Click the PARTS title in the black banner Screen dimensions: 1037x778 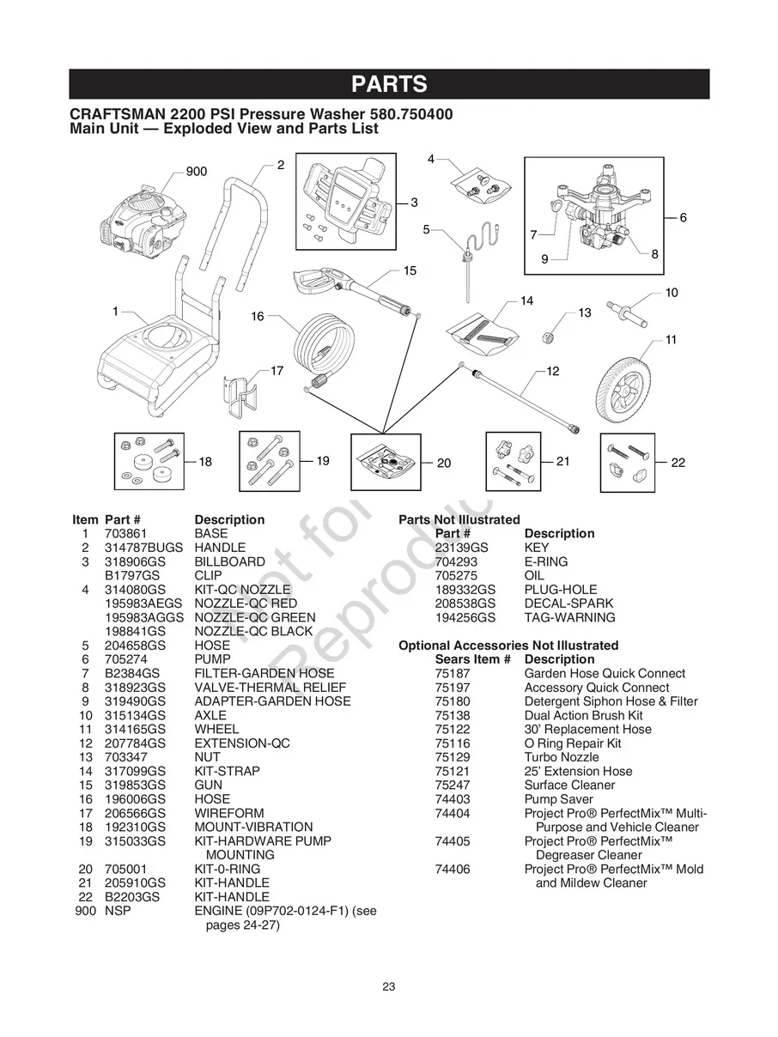[x=389, y=84]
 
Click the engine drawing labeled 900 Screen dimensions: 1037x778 [x=143, y=225]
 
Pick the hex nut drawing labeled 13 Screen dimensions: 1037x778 [x=547, y=336]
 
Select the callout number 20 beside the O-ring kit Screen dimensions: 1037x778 [x=444, y=464]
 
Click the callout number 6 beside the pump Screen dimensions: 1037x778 [x=683, y=218]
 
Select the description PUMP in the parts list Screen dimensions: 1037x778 [x=212, y=659]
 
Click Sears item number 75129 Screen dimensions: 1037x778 [x=453, y=757]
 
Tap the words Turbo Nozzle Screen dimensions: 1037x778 [x=562, y=757]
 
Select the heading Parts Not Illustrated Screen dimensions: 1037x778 [x=459, y=519]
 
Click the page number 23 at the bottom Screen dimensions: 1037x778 [x=389, y=986]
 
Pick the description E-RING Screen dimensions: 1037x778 [x=546, y=561]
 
